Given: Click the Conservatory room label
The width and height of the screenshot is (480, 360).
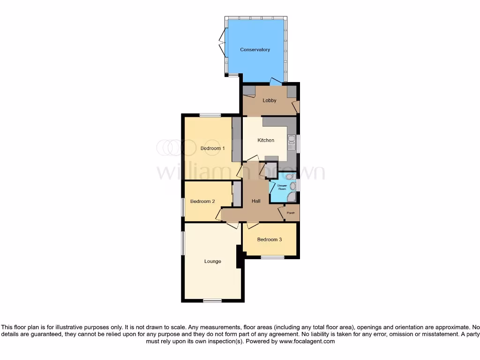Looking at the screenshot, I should (255, 50).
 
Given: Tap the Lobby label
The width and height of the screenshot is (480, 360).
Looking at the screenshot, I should (270, 100).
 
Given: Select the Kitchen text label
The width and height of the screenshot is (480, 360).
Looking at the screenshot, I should (266, 140).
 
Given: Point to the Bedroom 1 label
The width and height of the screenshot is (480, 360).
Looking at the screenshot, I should (212, 148).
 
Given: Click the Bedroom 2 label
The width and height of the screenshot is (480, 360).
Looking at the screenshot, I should (202, 202).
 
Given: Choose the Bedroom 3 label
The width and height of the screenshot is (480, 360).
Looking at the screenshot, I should (270, 240).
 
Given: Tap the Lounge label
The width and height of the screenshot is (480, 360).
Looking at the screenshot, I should (212, 261).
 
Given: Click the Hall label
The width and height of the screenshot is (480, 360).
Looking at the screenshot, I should (256, 201).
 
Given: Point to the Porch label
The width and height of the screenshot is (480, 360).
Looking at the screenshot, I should (291, 213).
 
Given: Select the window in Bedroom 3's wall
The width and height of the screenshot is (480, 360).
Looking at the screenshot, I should (272, 257).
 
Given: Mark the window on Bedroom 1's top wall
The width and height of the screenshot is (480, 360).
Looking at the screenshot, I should (210, 115).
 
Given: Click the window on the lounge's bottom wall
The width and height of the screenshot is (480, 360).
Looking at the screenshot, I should (212, 300).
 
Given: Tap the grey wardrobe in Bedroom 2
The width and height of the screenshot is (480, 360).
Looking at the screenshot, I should (237, 193).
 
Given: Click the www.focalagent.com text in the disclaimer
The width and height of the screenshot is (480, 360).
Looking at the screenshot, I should (307, 342).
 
